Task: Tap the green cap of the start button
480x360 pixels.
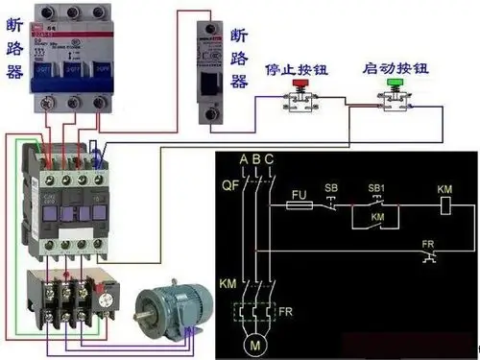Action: coord(395,84)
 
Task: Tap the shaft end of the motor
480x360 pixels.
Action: coord(142,315)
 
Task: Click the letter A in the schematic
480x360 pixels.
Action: coord(245,159)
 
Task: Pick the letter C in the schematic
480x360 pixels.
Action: coord(270,159)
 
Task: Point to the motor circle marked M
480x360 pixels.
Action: coord(256,344)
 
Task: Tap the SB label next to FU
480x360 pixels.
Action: coord(330,188)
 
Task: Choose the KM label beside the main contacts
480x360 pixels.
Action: coord(228,285)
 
